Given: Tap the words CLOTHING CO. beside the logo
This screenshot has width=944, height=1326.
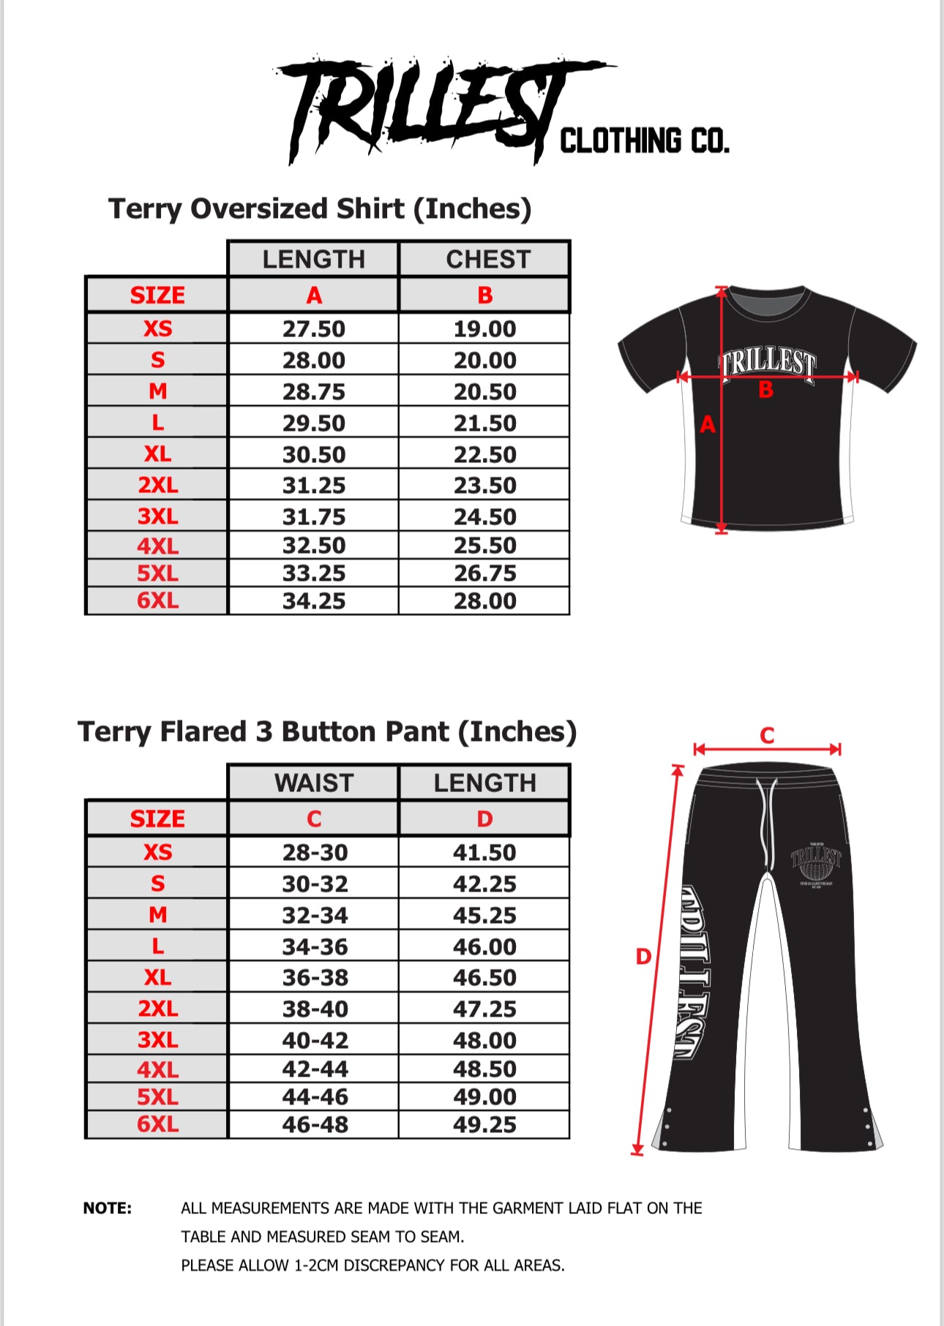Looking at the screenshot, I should coord(644,140).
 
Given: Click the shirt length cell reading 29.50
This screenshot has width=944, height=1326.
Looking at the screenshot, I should coord(314,423).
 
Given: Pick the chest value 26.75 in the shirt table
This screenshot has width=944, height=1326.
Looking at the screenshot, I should coord(484,573).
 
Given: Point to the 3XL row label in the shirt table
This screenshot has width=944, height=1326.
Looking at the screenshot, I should coord(157,516).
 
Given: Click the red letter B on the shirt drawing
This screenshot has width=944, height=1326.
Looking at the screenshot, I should coord(765,390).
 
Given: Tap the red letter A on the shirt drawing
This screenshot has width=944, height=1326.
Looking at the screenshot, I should coord(707,424).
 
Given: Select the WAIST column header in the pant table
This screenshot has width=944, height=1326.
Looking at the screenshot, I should coord(314,783).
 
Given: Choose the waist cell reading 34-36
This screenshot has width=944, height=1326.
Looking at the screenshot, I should coord(315,947).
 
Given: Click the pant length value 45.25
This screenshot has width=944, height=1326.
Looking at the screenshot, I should coord(484,916).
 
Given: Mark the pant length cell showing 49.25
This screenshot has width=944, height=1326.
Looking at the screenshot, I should coord(484,1125).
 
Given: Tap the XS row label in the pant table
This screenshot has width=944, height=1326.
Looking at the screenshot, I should coord(157,853).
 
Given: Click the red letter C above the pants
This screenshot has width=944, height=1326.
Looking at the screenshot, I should coord(767,735).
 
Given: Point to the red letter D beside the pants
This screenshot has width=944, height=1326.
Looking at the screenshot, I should coord(643,957).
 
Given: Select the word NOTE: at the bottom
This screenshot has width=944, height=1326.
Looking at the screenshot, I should coord(108,1208).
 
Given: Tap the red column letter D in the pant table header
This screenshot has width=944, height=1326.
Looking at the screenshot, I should coord(484,819).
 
